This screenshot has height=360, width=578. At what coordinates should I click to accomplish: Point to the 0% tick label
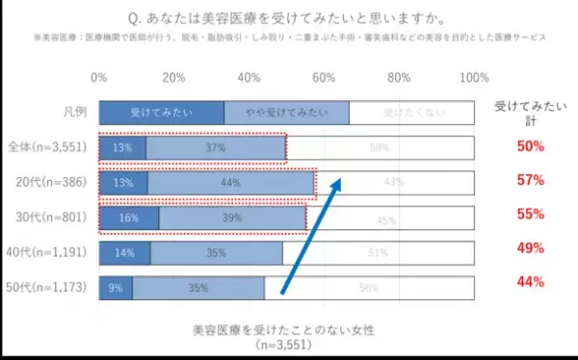point(98,77)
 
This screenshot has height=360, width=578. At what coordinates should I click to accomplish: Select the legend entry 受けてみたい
point(162,113)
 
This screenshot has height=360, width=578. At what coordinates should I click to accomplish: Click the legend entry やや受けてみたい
point(287,113)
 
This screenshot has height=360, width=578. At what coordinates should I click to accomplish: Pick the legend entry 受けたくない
point(410,113)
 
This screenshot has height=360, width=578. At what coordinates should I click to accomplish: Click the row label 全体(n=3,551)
point(48,148)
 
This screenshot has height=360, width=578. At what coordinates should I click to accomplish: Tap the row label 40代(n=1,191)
point(48,253)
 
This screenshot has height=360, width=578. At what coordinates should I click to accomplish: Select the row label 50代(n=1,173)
point(48,288)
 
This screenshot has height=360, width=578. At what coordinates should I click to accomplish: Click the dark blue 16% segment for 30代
point(128,219)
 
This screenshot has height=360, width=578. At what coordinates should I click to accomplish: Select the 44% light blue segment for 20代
point(231,183)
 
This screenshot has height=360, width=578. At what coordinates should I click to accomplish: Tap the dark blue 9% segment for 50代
point(116,288)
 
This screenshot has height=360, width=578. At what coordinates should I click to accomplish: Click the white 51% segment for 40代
point(378,253)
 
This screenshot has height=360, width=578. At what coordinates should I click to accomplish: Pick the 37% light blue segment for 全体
point(216,148)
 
